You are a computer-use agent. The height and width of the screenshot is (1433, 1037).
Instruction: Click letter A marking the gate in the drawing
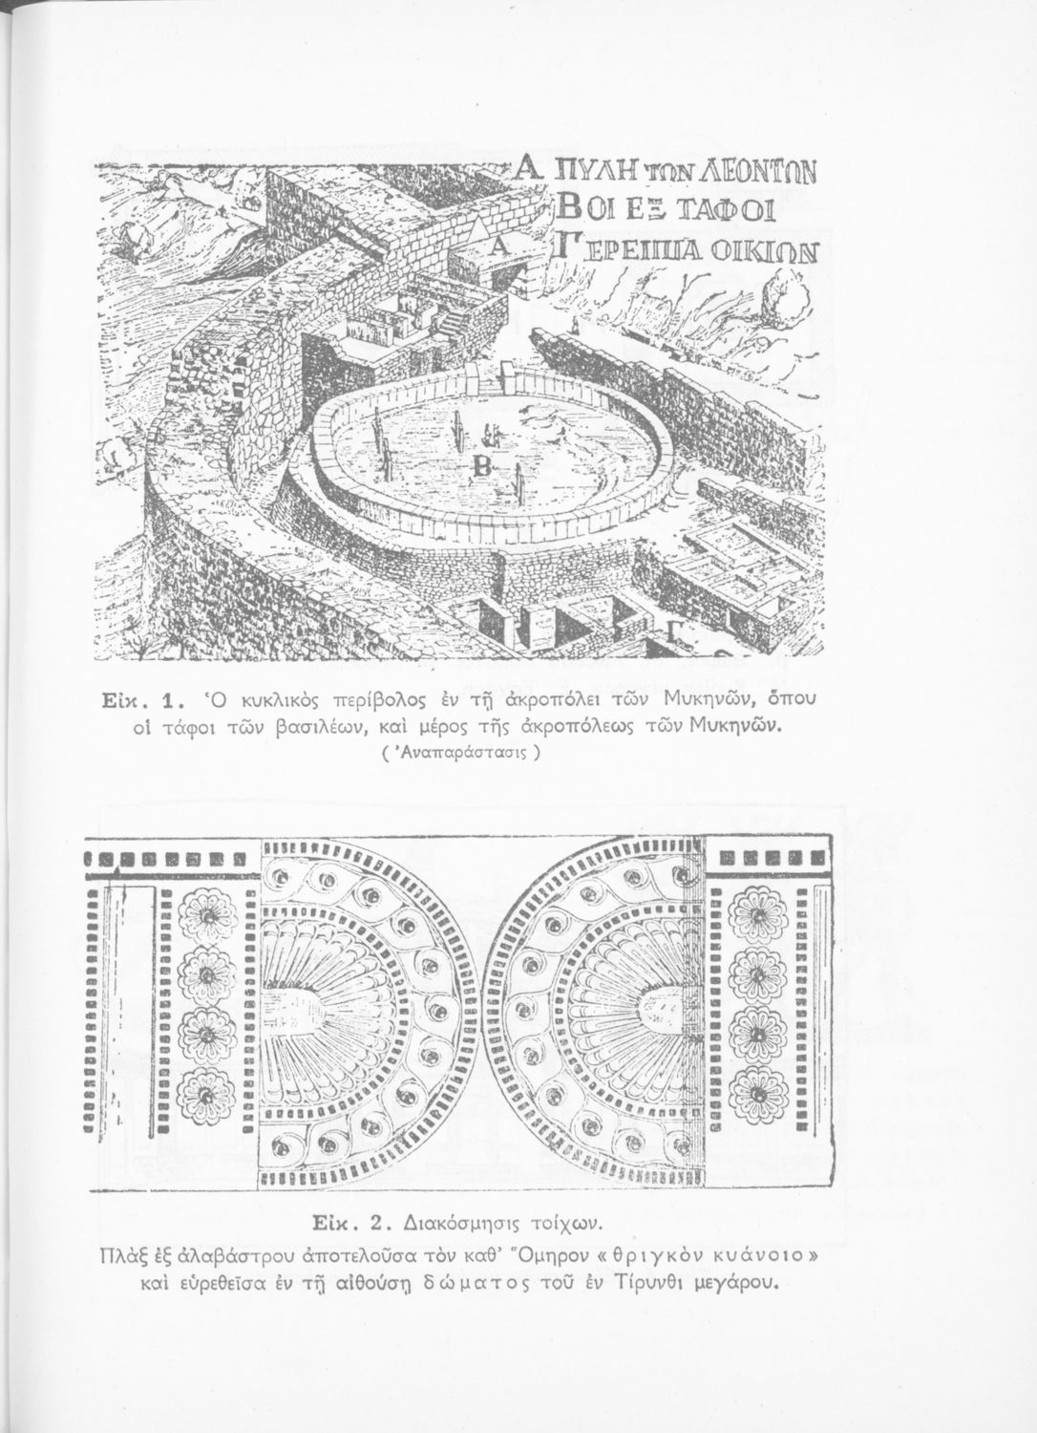[x=502, y=247]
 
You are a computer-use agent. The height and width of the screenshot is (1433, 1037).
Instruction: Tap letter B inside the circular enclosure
[x=480, y=465]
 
